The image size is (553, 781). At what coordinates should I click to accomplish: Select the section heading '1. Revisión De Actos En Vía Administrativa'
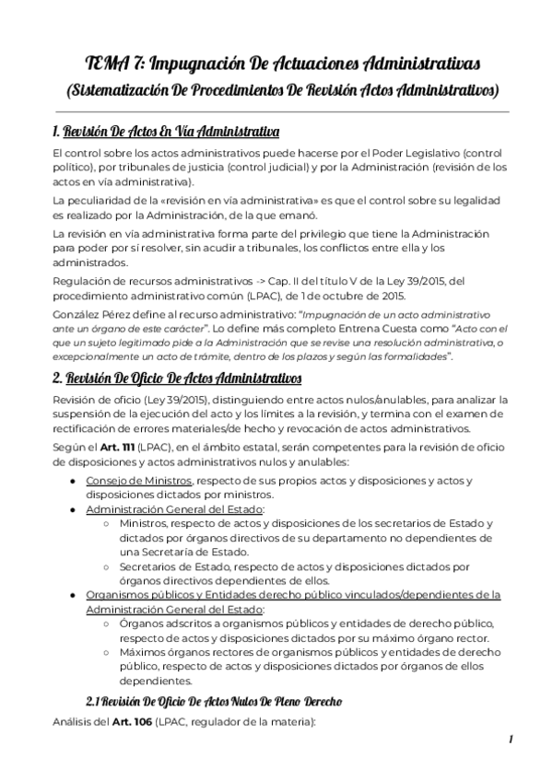coord(167,128)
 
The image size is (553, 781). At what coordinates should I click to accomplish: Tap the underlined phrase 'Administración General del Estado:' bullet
coord(176,508)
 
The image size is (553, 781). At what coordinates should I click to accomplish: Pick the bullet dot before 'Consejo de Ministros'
coord(73,481)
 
